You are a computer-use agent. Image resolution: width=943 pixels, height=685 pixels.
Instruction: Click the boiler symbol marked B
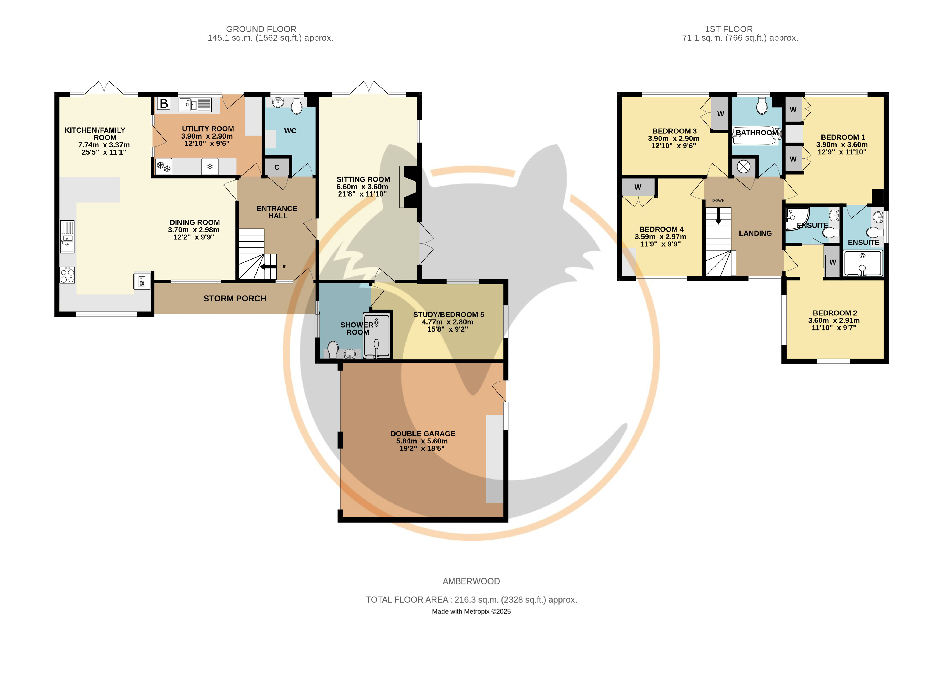coord(164,104)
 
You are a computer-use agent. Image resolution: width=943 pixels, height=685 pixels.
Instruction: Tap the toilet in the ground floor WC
coord(297,106)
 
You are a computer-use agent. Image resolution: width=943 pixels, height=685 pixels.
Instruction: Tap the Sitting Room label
coord(363,179)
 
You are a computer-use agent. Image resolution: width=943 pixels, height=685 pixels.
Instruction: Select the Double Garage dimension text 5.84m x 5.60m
coord(422,441)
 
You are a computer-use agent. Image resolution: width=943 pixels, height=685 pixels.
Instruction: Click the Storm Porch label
coord(235,299)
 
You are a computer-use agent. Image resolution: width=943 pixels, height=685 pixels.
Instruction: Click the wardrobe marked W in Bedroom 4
coord(638,187)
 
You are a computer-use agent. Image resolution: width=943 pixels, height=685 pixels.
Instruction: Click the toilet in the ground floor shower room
coord(333,349)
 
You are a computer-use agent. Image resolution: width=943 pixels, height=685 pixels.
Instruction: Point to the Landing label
coord(755,233)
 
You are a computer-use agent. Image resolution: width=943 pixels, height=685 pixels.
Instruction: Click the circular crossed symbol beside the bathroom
coord(743,167)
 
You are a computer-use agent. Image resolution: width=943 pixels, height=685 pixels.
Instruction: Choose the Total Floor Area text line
coord(471,600)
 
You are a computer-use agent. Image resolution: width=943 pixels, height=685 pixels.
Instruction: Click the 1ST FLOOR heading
coord(728,29)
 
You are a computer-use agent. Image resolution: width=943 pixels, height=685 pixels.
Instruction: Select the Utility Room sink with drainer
coord(195,105)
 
